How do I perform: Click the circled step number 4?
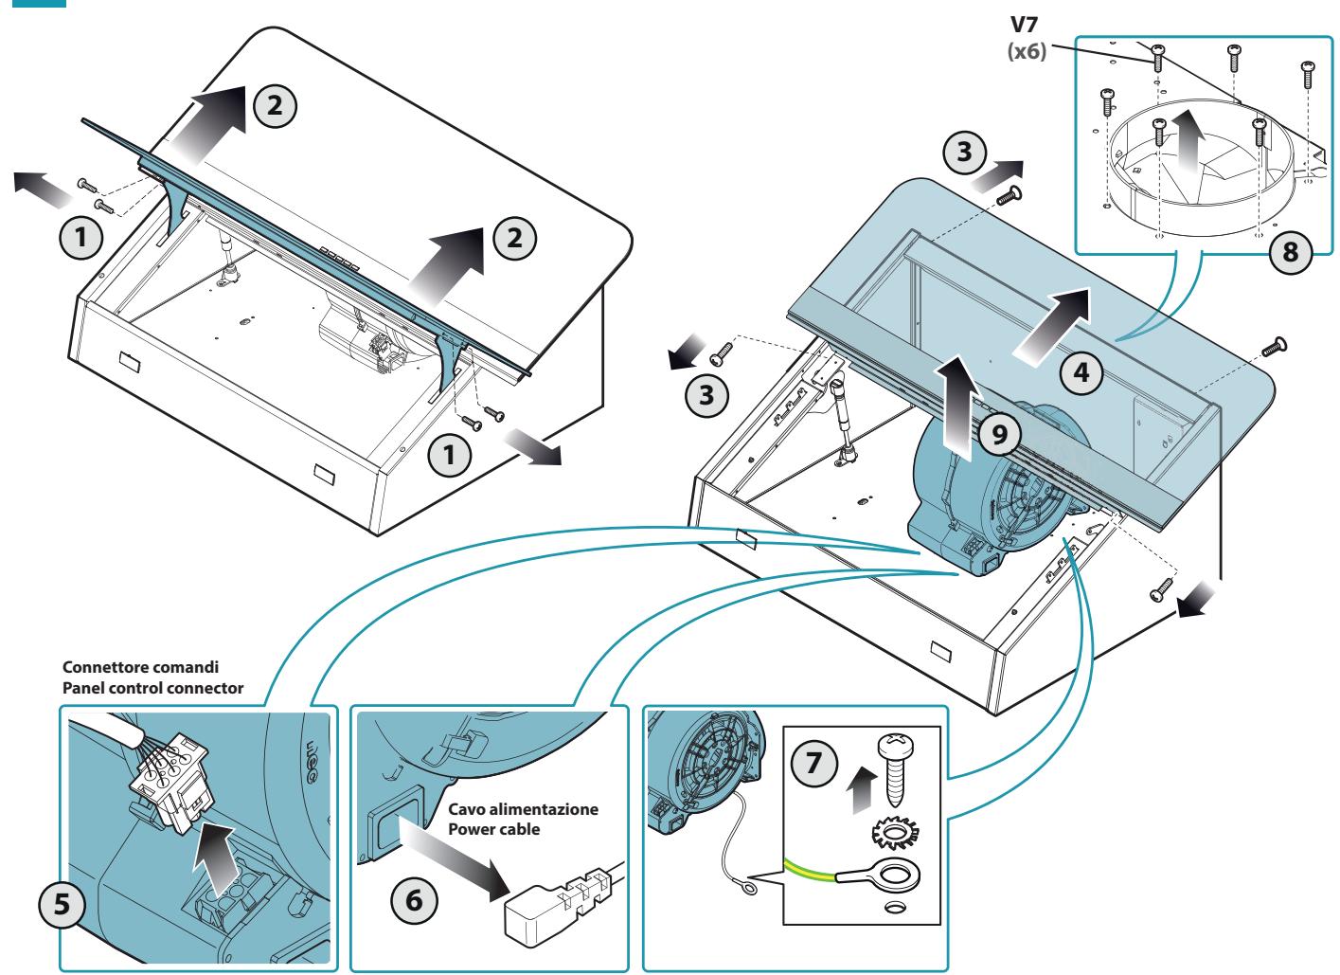coord(1081,373)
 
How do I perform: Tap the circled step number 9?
coord(1000,434)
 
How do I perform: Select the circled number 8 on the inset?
coord(1291,251)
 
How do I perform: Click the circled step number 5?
coord(62,904)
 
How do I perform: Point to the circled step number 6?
coord(414,900)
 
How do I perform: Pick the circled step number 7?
coord(813,763)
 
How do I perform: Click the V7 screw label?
coord(1024,25)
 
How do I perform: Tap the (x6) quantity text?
coord(1027,51)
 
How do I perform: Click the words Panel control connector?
coord(152,688)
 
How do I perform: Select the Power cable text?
coord(493,830)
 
